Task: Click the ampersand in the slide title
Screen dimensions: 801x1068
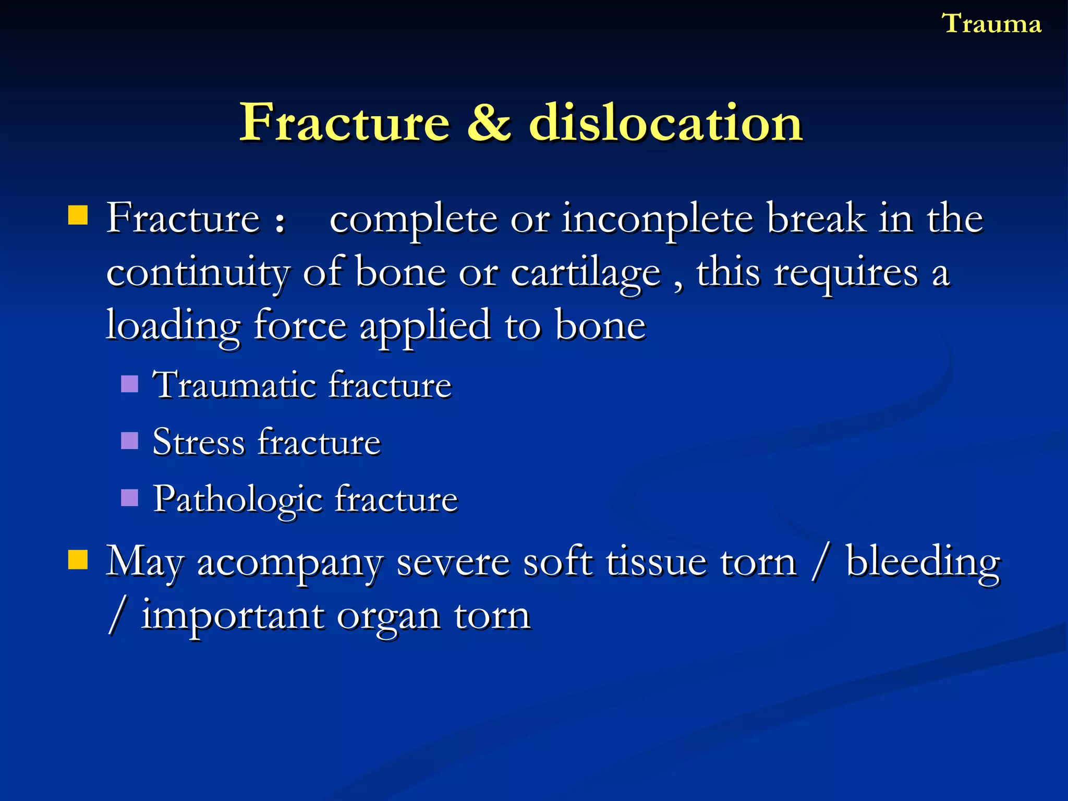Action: pos(489,123)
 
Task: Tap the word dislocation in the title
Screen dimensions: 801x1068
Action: pos(666,123)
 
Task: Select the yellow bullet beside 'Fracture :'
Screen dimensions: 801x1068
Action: pos(78,215)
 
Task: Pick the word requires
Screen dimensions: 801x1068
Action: pos(845,273)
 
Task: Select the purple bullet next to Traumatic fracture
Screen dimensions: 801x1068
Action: pos(129,384)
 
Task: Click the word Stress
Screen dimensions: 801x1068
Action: pos(198,442)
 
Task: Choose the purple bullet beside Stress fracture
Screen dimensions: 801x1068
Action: pos(129,441)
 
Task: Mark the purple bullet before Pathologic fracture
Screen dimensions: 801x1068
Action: pos(129,498)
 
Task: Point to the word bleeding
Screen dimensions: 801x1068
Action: pos(923,563)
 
